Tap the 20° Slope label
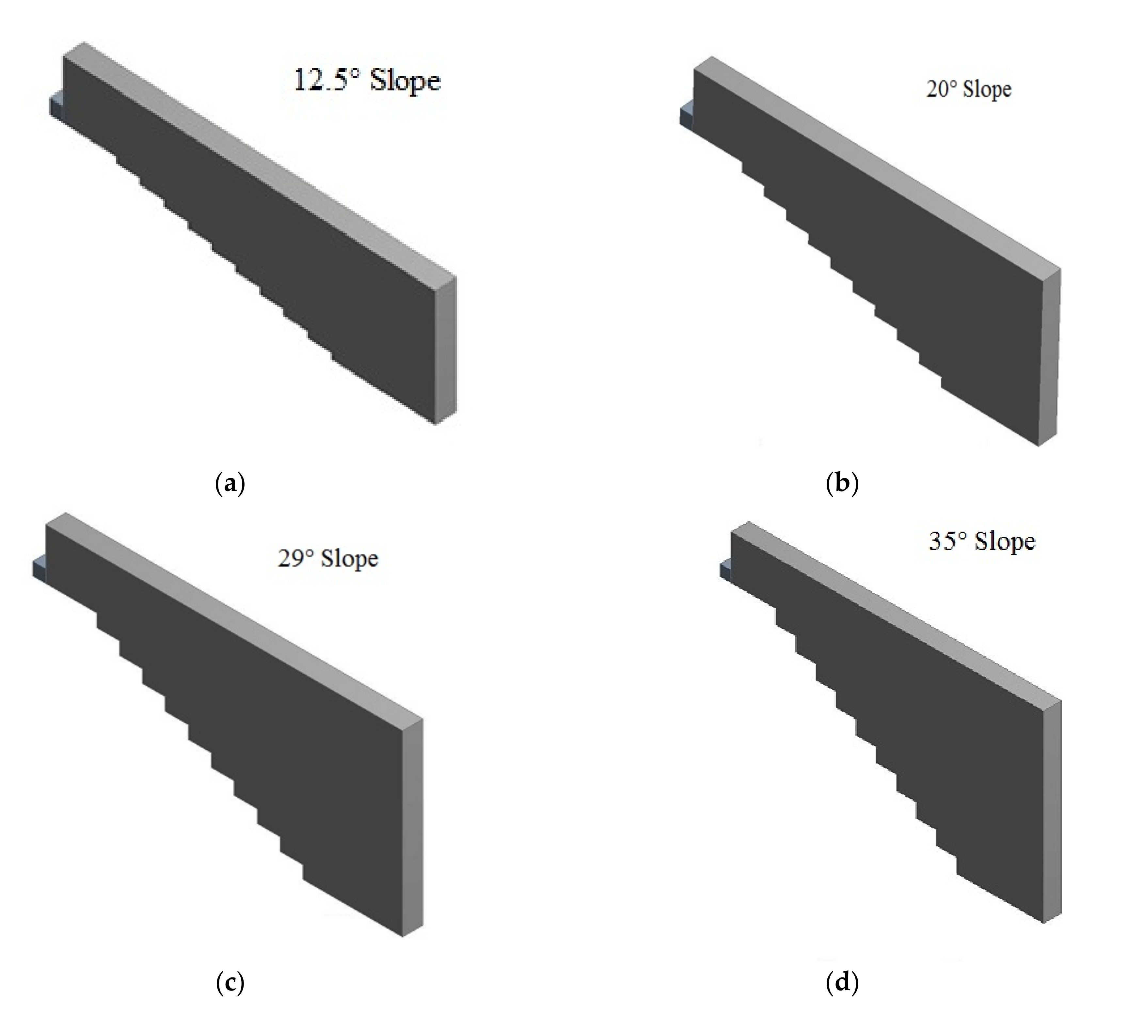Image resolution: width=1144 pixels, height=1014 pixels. [969, 89]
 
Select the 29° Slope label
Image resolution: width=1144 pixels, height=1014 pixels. [328, 558]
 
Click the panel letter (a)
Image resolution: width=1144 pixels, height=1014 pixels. [230, 483]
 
